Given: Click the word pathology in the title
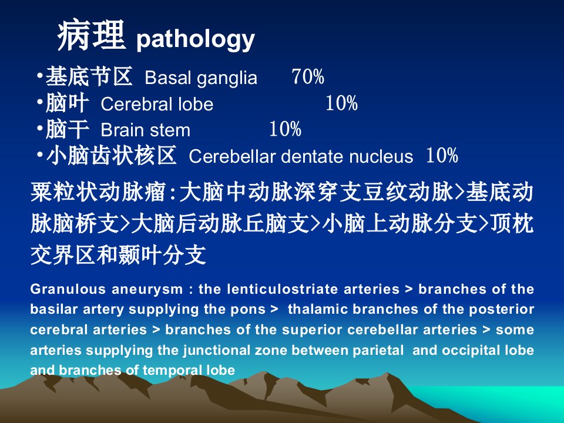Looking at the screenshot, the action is click(196, 39).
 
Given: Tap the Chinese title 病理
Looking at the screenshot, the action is click(92, 36).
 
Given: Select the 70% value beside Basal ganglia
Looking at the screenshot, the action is click(308, 76).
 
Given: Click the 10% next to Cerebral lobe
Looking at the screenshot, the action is click(341, 103).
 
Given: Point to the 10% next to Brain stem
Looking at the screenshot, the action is click(285, 129).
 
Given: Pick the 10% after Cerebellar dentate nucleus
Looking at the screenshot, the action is click(442, 155).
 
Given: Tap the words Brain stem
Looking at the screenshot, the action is click(145, 130).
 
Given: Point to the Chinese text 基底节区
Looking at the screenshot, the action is click(89, 76).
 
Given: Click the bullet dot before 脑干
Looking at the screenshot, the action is click(40, 127).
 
